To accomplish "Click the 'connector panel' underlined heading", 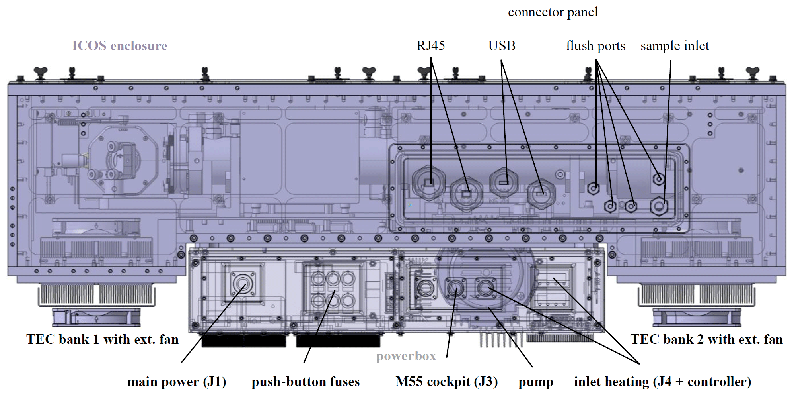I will (553, 12).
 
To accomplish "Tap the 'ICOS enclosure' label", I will (119, 46).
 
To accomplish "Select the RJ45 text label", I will (430, 46).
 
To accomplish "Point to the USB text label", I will (502, 46).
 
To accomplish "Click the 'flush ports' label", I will (595, 46).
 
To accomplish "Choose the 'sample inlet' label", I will (675, 46).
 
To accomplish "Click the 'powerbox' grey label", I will (406, 356).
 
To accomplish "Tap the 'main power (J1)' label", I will (177, 382).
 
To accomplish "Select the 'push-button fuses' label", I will (306, 382).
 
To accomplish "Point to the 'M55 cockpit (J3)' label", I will (446, 382).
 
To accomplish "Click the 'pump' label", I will (535, 382).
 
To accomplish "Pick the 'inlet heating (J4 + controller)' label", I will (662, 382).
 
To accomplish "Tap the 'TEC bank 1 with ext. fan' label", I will (102, 339).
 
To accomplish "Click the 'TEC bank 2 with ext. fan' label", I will (706, 339).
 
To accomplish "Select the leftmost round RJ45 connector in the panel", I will (428, 183).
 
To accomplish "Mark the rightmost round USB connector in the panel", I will (541, 194).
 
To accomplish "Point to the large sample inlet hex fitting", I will (659, 206).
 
